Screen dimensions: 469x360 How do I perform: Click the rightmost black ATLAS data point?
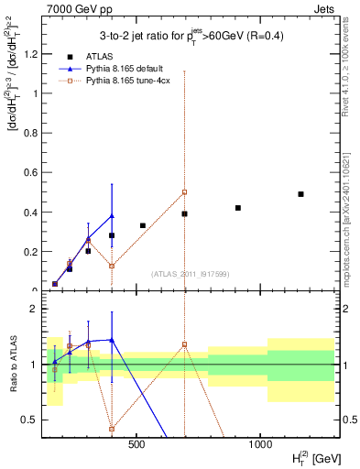pyautogui.click(x=300, y=194)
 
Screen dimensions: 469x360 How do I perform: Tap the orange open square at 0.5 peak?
pyautogui.click(x=184, y=192)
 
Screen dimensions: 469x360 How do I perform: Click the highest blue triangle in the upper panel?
pyautogui.click(x=112, y=216)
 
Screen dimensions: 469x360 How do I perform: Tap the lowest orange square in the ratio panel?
pyautogui.click(x=112, y=429)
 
